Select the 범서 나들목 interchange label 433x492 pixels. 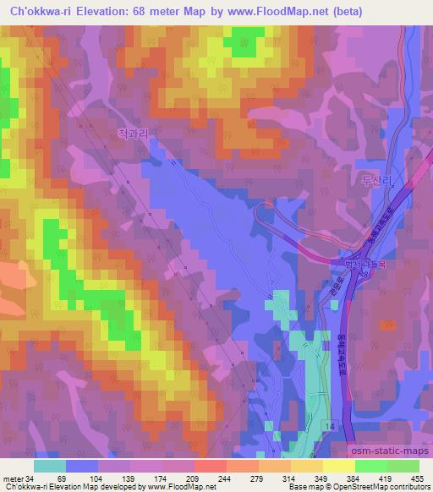click(x=348, y=265)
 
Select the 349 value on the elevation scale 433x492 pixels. click(x=296, y=478)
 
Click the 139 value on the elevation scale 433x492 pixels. click(x=118, y=478)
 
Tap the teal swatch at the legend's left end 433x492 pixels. click(x=50, y=465)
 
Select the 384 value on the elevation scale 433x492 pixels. click(x=326, y=478)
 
